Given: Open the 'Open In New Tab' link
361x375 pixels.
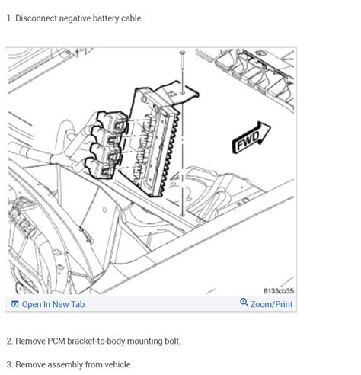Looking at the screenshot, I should coord(53,304).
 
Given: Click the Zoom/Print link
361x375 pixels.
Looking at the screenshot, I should coord(272,304).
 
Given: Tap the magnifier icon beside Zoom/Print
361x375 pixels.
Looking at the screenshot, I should coord(244,303).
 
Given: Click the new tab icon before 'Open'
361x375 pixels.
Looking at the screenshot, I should coord(14,304).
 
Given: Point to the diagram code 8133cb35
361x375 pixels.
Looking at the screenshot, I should coord(278,290).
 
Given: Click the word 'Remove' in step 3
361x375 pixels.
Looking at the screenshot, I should coord(30,364).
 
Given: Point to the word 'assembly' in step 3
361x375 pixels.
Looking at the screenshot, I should coord(64,364).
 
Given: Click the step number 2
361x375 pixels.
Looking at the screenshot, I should coord(9,341).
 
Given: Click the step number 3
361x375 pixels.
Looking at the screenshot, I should coord(9,364).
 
